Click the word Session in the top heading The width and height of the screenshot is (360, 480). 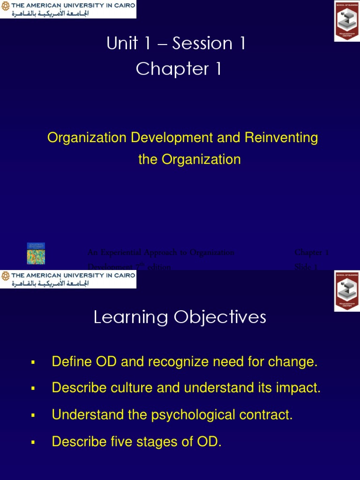point(202,44)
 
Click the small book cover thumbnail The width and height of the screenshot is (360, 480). point(36,253)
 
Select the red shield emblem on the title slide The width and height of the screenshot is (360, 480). point(346,21)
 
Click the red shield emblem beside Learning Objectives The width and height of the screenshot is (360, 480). point(346,291)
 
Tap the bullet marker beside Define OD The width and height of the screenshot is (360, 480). point(33,362)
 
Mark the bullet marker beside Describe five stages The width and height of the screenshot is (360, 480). point(33,442)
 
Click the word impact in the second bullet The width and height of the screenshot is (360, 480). point(298,388)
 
